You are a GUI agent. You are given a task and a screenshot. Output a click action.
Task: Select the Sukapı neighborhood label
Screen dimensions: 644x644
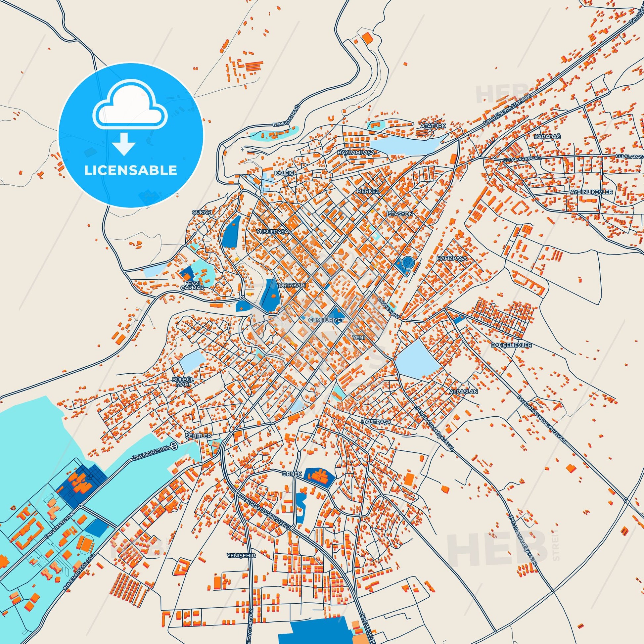click(x=202, y=212)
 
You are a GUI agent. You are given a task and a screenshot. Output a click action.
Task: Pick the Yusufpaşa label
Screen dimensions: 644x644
click(x=272, y=231)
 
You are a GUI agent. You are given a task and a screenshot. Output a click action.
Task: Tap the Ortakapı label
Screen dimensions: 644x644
click(x=292, y=286)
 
